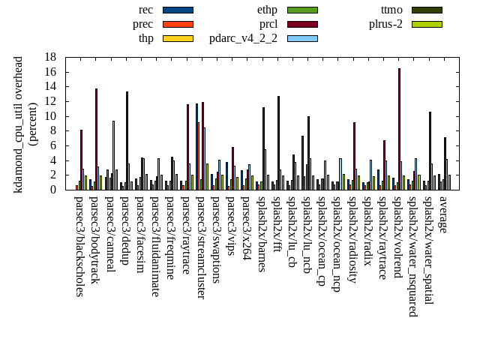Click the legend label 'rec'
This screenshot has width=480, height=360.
coord(145,10)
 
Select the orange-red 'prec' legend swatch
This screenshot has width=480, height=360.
coord(178,24)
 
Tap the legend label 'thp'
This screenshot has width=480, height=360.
coord(145,38)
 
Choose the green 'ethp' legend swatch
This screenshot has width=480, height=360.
coord(302,10)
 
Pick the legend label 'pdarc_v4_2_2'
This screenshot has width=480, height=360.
coord(243,38)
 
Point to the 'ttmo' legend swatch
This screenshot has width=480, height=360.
coord(426,10)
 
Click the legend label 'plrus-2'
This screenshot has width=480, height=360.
coord(385,24)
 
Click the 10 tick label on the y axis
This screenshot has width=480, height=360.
coord(50,116)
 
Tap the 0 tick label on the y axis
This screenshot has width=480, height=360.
coord(53,190)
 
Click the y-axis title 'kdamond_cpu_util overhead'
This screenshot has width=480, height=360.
coord(19,124)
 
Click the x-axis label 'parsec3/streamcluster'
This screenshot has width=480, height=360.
coord(201,248)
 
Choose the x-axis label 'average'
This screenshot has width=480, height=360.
coord(443,214)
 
